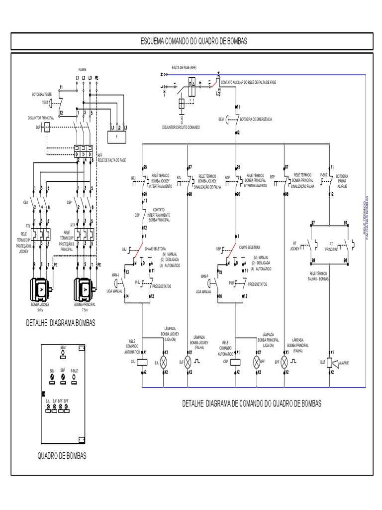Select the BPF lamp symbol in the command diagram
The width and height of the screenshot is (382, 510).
pyautogui.click(x=286, y=362)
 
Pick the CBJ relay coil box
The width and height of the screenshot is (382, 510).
pyautogui.click(x=143, y=362)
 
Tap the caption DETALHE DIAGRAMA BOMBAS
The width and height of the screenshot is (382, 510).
pyautogui.click(x=60, y=323)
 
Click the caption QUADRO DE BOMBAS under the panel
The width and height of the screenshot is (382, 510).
pyautogui.click(x=62, y=456)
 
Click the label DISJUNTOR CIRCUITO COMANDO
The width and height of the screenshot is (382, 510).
pyautogui.click(x=182, y=127)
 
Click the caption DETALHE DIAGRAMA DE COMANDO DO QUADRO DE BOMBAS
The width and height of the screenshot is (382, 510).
pyautogui.click(x=252, y=403)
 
